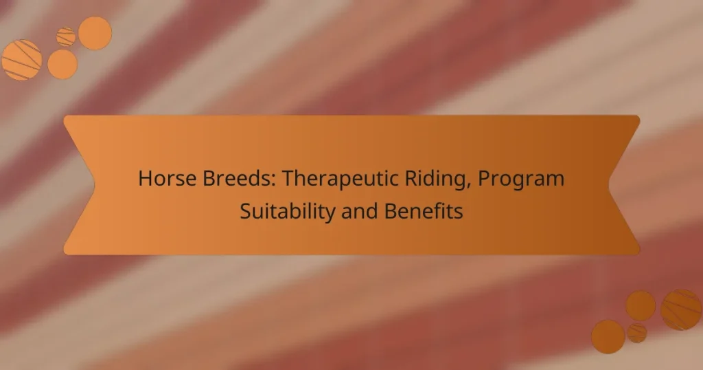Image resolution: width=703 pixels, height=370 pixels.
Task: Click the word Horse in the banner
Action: coord(165,179)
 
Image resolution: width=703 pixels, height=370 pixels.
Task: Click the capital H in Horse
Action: coord(143,179)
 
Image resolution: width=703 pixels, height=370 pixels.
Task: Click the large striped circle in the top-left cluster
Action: coord(21,60)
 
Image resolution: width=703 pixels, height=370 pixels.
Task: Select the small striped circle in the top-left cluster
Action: coord(66,36)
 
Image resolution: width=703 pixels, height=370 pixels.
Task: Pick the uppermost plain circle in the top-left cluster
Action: coord(95,33)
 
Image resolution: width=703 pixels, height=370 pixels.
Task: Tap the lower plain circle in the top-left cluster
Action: coord(62,64)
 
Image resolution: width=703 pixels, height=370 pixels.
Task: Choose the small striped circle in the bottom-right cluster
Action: coord(637,333)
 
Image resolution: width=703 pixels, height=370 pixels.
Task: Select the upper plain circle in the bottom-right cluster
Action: coord(641,305)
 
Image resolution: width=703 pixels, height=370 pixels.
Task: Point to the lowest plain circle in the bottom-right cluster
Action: coord(608,336)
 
